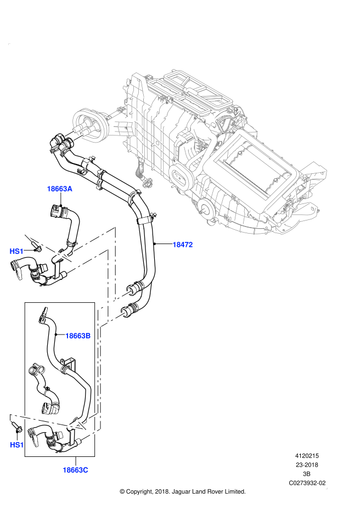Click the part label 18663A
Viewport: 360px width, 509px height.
coord(59,189)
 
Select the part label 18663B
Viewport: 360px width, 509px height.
coord(77,336)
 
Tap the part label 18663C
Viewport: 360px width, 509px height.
coord(75,470)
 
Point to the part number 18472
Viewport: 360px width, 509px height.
coord(182,245)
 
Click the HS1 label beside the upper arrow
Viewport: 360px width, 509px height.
coord(16,251)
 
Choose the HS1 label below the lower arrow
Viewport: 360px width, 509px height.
coord(17,445)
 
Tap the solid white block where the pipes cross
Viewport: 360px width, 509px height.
coord(108,303)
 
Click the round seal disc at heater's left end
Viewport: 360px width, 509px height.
coord(89,125)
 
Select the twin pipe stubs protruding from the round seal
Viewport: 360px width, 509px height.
coord(73,134)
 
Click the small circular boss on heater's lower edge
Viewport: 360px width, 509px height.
coord(207,208)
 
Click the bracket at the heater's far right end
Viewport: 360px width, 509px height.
coord(312,173)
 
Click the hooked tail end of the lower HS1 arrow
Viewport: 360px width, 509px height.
coord(10,417)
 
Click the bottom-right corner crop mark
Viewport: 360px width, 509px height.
coord(327,488)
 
